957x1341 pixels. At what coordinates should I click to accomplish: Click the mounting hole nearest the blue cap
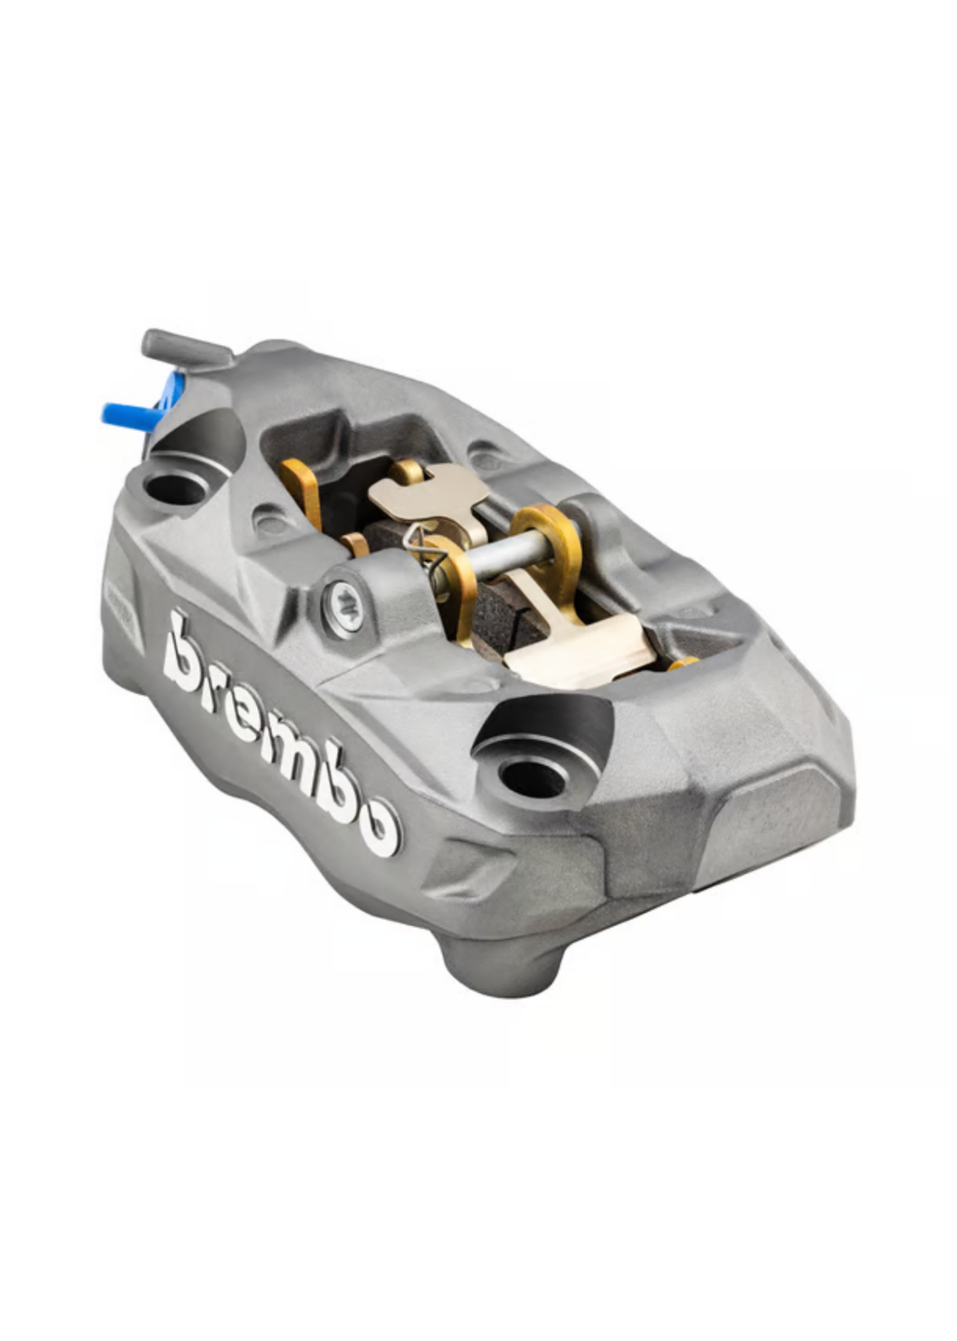click(x=174, y=487)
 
